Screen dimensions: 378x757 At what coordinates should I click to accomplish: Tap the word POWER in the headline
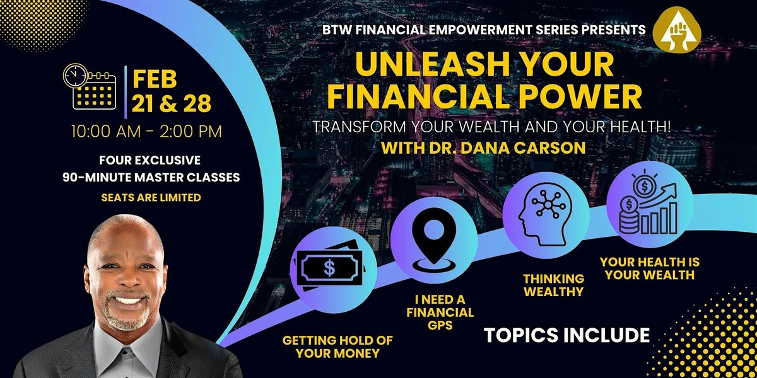[x=581, y=98]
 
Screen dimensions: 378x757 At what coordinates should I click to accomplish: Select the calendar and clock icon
[x=90, y=86]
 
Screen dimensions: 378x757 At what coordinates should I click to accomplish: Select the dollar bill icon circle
[x=328, y=268]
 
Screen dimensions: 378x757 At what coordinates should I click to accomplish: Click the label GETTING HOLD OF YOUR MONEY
[x=337, y=346]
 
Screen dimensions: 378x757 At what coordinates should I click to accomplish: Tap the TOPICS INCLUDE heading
[x=566, y=335]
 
